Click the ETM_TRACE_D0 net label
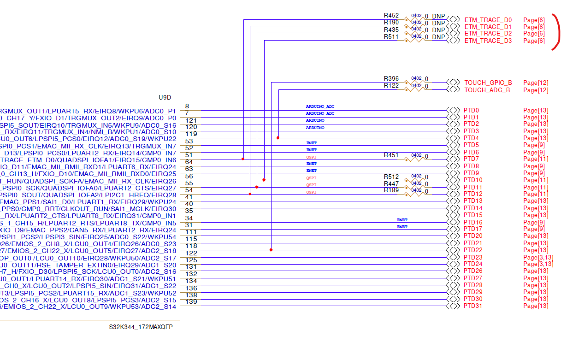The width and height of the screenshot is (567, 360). click(488, 20)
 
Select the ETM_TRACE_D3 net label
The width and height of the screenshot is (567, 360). click(488, 41)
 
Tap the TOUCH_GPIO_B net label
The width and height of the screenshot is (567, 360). click(488, 83)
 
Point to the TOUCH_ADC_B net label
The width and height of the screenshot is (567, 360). click(487, 90)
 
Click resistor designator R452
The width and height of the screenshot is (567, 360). click(391, 16)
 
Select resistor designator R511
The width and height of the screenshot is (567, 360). click(391, 37)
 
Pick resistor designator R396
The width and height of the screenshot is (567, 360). click(391, 79)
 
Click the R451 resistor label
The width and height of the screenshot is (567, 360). click(391, 155)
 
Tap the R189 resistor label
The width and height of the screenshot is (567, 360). click(391, 190)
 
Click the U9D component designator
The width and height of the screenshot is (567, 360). click(165, 97)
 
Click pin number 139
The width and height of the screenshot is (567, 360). click(191, 301)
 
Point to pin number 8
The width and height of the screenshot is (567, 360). click(187, 106)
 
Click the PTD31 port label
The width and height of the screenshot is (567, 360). click(473, 306)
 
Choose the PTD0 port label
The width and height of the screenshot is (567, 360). click(471, 111)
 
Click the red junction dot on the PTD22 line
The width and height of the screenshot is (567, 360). click(271, 250)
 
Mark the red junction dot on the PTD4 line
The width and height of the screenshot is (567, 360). click(278, 138)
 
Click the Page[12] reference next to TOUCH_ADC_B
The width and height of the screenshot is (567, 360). click(536, 90)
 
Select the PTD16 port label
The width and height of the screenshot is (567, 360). click(473, 222)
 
